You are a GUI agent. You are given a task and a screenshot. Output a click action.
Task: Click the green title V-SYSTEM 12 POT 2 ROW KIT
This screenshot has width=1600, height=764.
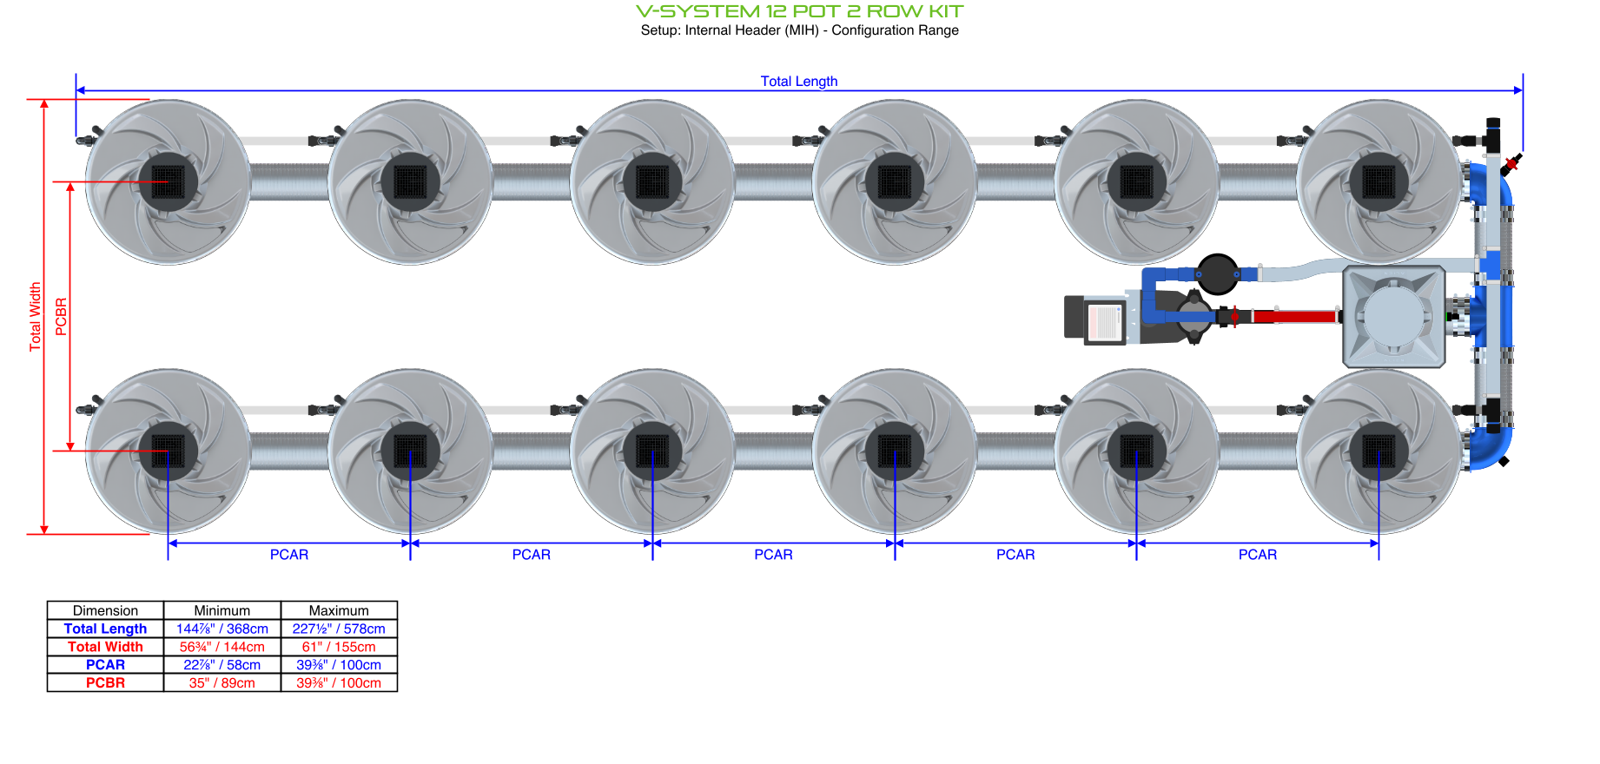[x=799, y=11]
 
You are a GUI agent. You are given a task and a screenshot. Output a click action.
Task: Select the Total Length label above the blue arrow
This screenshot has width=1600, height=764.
[x=799, y=81]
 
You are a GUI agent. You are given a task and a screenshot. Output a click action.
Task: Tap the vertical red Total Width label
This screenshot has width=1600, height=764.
[x=36, y=317]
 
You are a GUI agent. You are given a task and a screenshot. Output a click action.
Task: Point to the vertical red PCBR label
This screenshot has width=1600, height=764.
[x=61, y=317]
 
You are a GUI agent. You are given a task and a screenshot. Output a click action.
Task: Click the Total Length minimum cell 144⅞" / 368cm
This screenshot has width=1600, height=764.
[x=222, y=629]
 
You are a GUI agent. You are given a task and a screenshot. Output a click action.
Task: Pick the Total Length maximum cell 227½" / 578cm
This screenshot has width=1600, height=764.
[x=339, y=629]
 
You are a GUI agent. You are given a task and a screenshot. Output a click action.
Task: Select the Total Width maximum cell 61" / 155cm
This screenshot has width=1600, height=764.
[x=339, y=647]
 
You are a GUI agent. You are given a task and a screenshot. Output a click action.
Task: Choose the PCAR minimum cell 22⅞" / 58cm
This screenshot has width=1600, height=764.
[x=222, y=665]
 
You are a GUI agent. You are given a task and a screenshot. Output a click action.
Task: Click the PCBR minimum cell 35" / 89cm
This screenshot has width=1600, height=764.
[x=222, y=683]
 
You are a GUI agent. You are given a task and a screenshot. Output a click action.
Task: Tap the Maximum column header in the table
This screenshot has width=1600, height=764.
[x=339, y=610]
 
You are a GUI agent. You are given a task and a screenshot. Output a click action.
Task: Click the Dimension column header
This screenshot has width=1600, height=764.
[x=105, y=610]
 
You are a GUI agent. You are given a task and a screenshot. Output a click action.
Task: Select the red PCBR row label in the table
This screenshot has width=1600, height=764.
[x=105, y=683]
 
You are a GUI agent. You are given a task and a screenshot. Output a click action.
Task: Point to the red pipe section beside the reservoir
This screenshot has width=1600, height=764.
[x=1294, y=316]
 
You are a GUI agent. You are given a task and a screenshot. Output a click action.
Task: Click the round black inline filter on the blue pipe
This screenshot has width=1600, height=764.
[x=1218, y=274]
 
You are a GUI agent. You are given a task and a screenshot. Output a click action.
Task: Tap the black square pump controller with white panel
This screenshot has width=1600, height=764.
[x=1096, y=319]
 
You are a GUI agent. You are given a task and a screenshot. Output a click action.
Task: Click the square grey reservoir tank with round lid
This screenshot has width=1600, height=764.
[x=1394, y=317]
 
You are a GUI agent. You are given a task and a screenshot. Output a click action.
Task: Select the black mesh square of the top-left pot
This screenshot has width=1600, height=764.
[x=169, y=182]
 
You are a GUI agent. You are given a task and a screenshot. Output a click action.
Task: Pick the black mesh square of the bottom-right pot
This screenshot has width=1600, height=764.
[x=1379, y=451]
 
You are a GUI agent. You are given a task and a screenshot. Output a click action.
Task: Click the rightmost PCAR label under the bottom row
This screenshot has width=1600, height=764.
[x=1257, y=555]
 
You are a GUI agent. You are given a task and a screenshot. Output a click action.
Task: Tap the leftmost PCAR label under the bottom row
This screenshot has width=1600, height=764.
[x=289, y=555]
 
